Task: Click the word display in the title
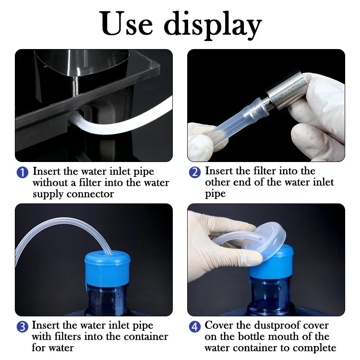pos(213,25)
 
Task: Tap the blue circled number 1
pos(22,172)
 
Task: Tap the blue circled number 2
pos(195,172)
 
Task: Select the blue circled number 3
pos(22,327)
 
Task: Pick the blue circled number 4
pos(195,327)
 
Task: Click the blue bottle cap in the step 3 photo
pos(108,268)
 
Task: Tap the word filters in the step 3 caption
pos(68,337)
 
